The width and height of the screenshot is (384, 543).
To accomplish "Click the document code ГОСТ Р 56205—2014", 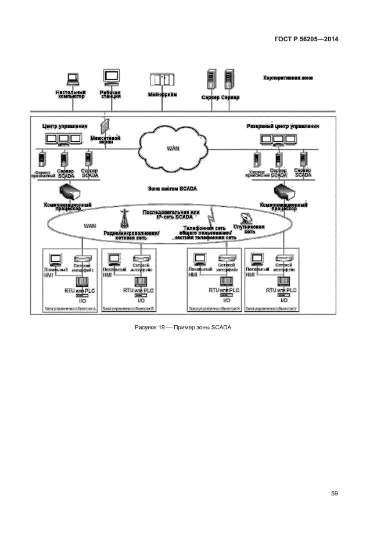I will pos(306,39).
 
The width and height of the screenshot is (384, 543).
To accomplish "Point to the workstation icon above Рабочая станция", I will pos(110,77).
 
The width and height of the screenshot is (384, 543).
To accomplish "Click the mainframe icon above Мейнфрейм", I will pos(161,80).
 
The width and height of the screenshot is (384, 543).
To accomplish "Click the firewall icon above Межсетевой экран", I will pos(105,125).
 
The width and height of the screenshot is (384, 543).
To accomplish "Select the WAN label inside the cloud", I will pos(173,148).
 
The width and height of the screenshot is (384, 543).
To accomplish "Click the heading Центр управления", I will pos(64,125).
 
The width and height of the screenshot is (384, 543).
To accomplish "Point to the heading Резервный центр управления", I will pos(282,125).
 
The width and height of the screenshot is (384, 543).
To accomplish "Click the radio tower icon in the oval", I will pos(123,218).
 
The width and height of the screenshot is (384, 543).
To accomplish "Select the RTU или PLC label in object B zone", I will pos(138,289).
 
